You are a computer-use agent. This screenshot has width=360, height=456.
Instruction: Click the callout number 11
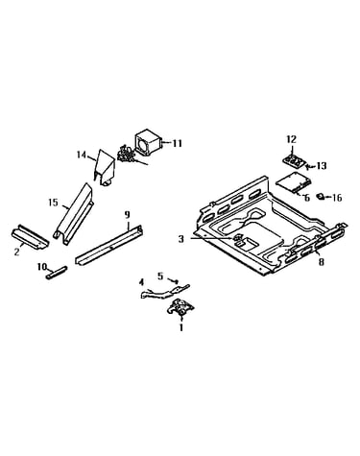178,143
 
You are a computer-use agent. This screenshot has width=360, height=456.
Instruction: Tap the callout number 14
82,155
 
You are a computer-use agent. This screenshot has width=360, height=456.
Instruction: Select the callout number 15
53,203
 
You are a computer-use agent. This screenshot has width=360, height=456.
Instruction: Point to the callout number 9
128,215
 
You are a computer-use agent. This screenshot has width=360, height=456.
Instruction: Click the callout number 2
16,252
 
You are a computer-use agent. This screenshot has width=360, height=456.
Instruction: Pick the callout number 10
42,266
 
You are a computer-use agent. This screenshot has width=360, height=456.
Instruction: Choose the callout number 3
181,239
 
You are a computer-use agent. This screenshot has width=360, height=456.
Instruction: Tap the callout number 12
291,139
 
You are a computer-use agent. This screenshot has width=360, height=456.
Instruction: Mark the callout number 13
322,166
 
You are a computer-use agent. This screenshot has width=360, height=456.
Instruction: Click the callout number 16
337,198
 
